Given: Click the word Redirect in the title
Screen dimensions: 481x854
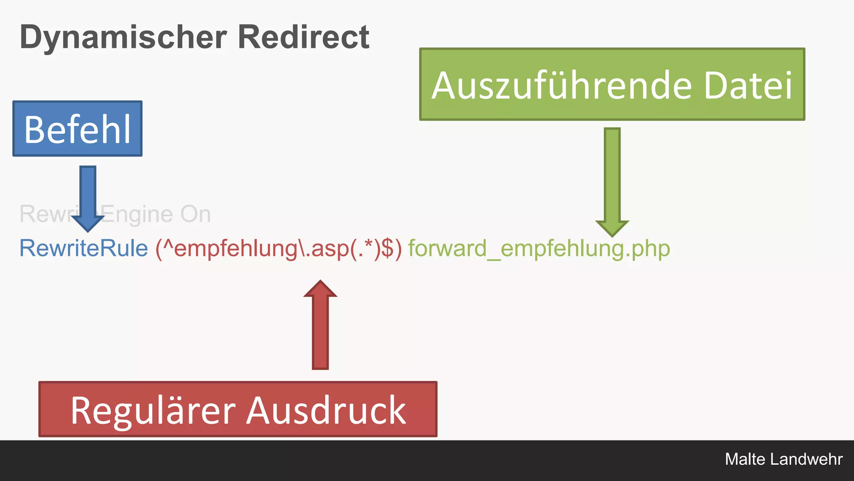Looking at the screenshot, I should click(x=303, y=37).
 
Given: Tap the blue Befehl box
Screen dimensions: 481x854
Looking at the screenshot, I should click(x=78, y=129).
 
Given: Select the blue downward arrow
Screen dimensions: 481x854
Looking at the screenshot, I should click(x=88, y=196).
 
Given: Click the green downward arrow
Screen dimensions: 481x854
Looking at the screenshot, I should click(x=612, y=180).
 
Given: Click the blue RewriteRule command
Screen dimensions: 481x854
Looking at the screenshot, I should click(x=83, y=248).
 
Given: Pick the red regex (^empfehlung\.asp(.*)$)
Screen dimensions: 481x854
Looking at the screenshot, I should click(x=279, y=248).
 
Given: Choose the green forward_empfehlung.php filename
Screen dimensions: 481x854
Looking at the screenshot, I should click(x=539, y=248).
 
